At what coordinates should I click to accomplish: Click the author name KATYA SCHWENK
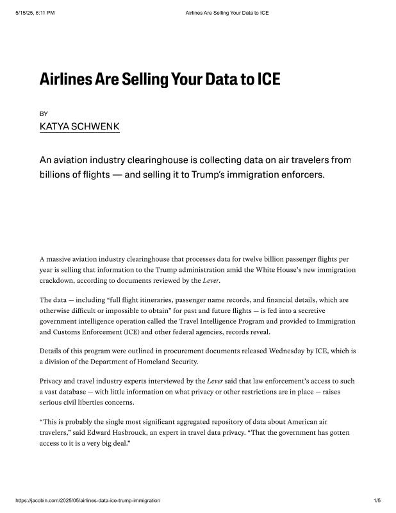pos(79,126)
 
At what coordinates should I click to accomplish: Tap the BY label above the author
pos(44,114)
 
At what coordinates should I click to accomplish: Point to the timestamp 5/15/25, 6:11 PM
pos(35,13)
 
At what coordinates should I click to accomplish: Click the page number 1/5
pos(377,500)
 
